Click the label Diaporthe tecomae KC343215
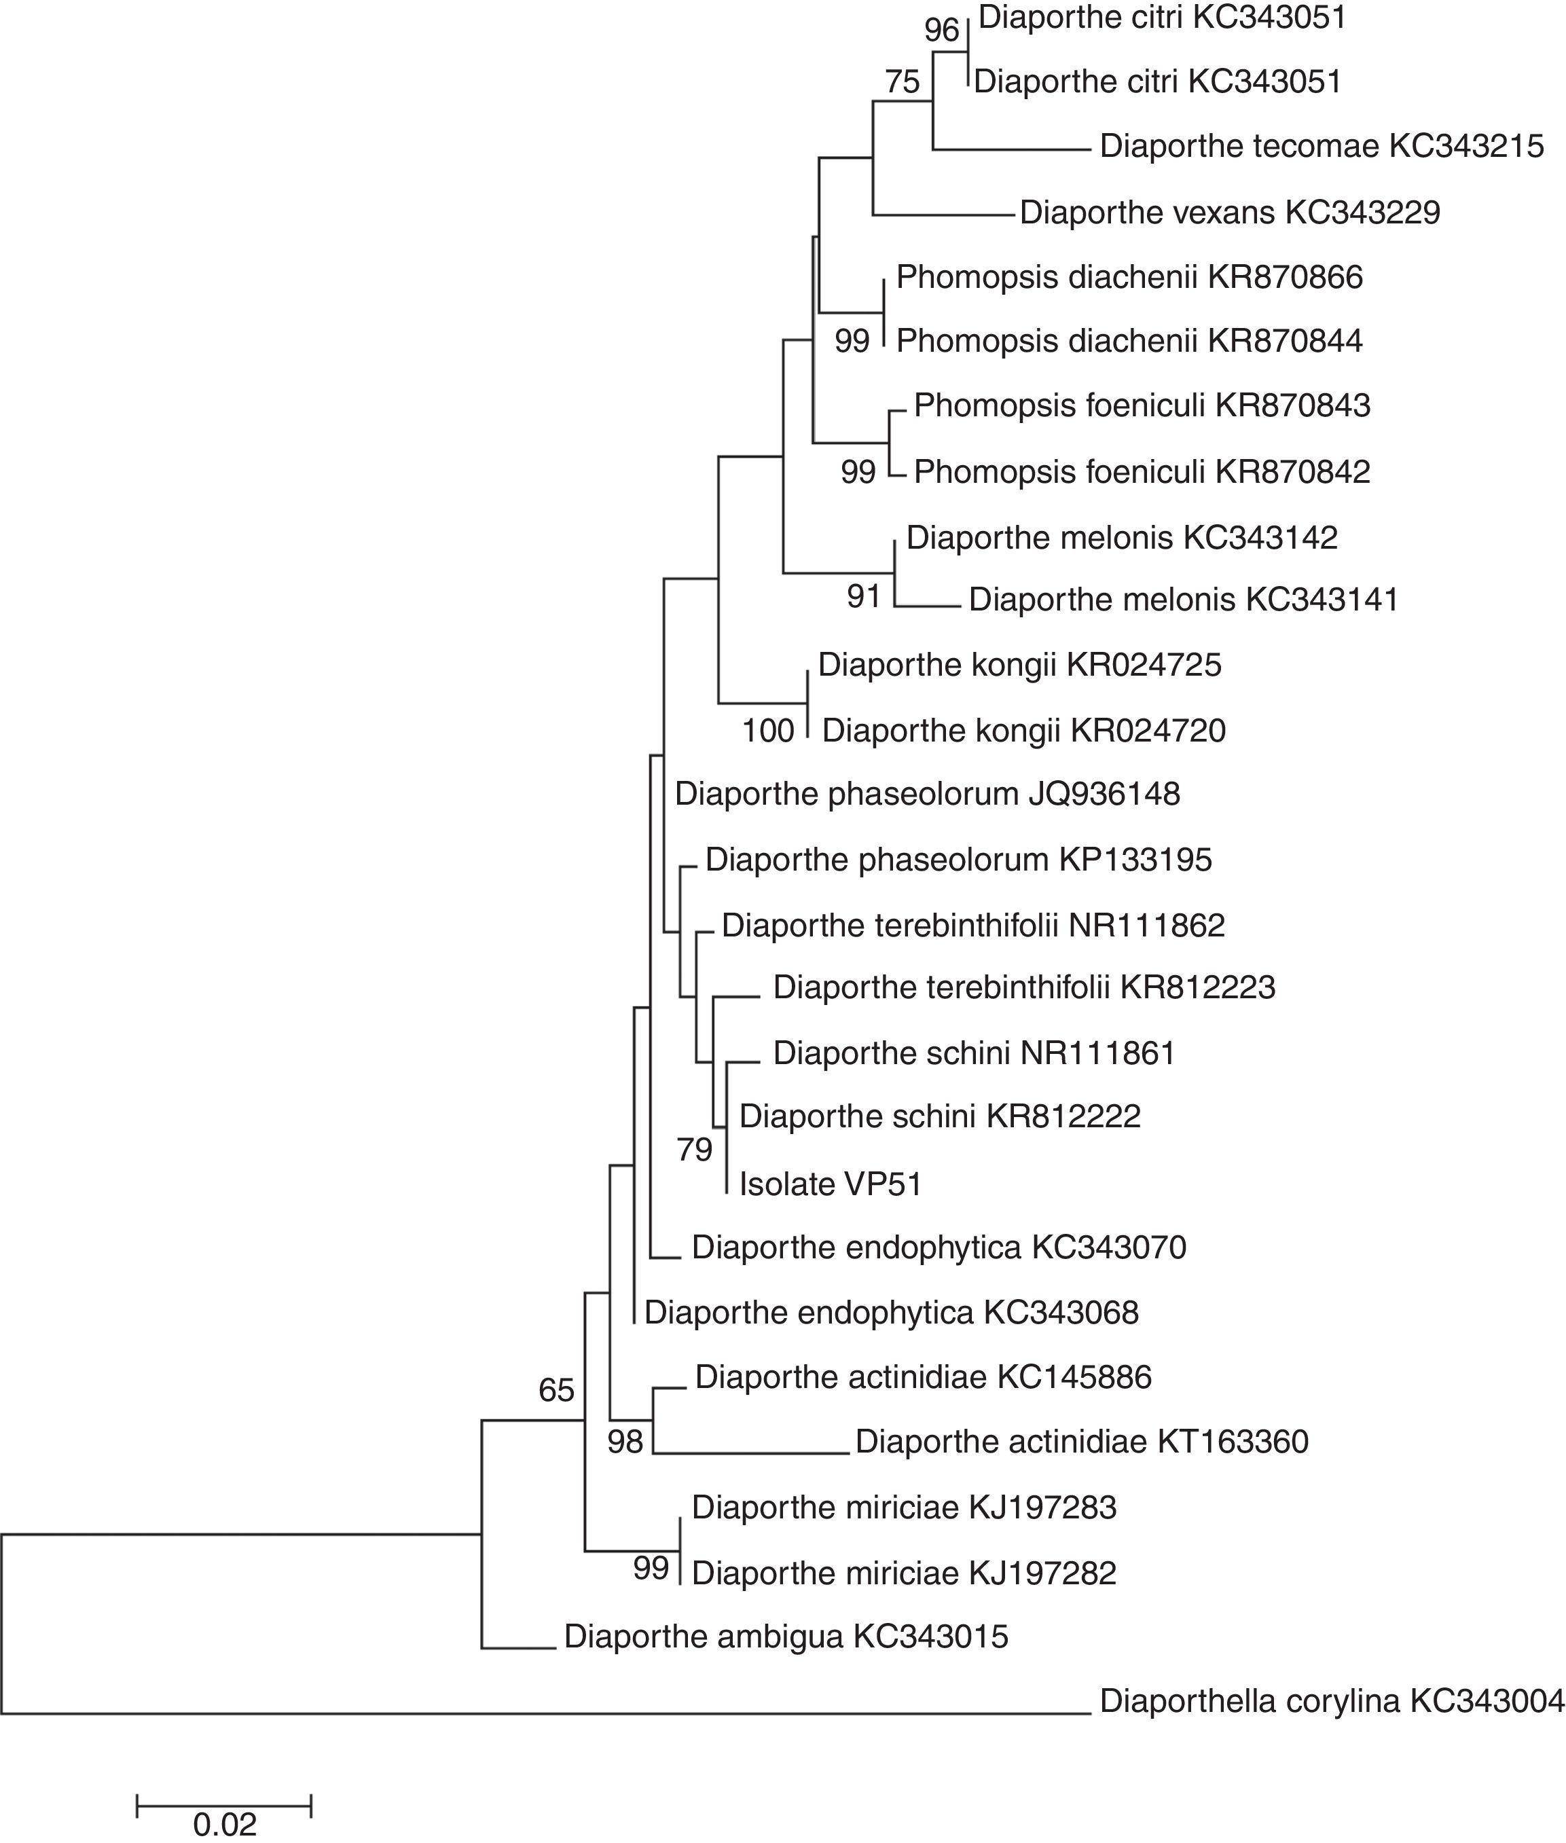(1321, 147)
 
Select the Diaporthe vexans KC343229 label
(1230, 213)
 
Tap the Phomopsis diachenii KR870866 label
(1129, 278)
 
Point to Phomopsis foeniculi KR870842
(1142, 471)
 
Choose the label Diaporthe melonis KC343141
(1184, 600)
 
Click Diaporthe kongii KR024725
(1019, 665)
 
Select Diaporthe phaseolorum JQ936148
(927, 794)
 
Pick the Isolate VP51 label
(830, 1184)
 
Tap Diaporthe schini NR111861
(974, 1054)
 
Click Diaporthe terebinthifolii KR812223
(1023, 987)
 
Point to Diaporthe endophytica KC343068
(891, 1313)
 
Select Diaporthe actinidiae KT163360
(1081, 1442)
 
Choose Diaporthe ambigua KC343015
(786, 1636)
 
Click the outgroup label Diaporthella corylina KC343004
(1332, 1701)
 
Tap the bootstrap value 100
(768, 731)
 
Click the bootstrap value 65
(557, 1390)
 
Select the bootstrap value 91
(864, 597)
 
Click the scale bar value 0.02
(225, 1818)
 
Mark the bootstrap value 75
(903, 83)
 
